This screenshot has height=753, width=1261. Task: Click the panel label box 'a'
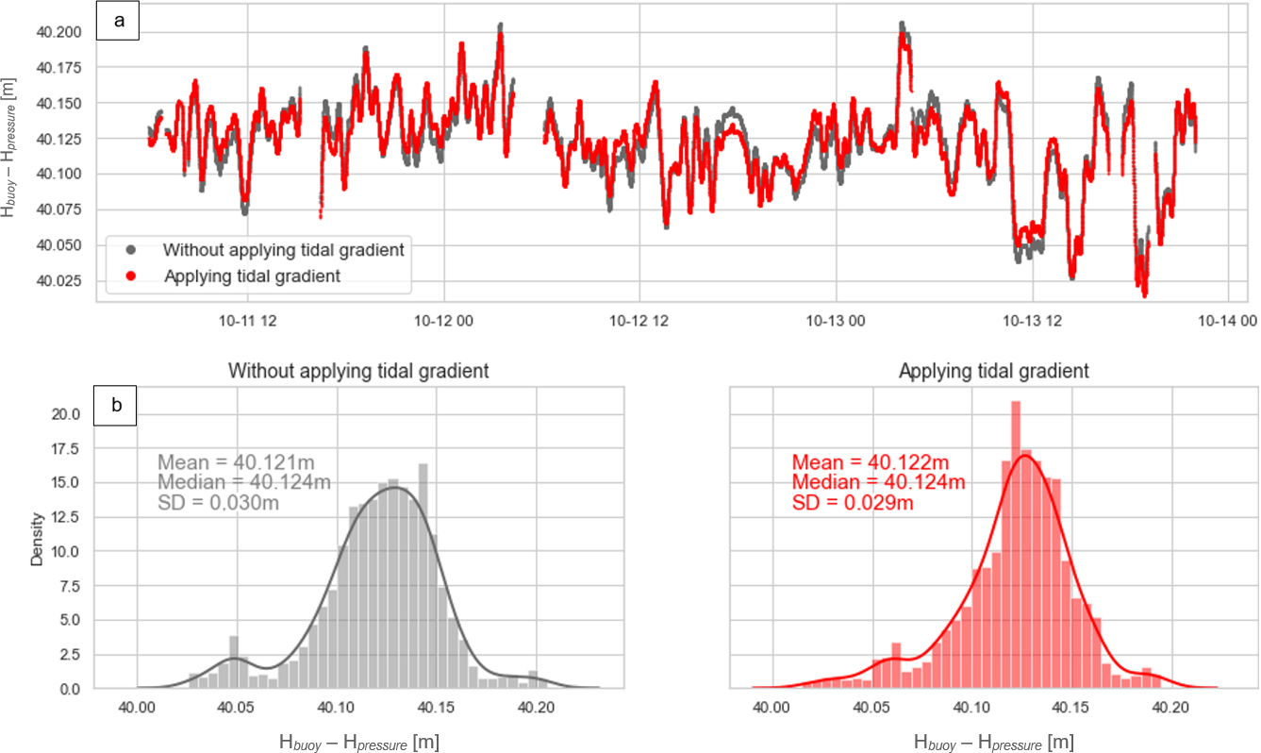click(119, 22)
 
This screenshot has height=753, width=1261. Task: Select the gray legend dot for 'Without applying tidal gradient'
click(131, 250)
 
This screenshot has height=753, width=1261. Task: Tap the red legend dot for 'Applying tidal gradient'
click(131, 276)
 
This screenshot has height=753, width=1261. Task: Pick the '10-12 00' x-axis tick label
click(443, 321)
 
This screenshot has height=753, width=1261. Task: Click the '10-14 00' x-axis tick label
click(1228, 321)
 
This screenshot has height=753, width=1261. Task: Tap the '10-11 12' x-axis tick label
click(245, 321)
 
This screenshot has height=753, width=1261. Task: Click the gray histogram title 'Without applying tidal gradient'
click(358, 371)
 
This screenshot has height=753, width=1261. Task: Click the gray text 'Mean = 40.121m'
click(236, 462)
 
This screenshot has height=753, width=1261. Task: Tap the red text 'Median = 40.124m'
click(878, 483)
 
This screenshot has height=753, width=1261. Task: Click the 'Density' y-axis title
click(37, 539)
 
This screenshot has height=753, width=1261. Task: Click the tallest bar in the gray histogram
click(423, 576)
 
